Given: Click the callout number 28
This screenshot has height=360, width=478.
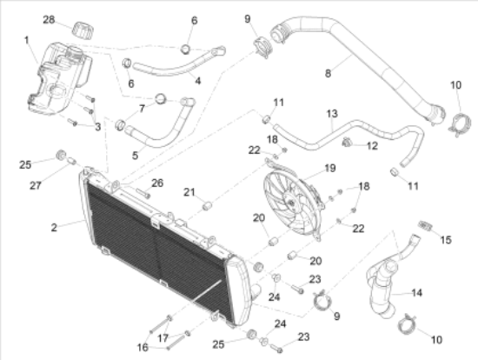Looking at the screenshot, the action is coord(49,20).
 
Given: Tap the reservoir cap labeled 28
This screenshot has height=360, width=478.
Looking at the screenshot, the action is coord(83,30).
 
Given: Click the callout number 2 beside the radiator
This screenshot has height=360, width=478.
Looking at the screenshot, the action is coord(54,227).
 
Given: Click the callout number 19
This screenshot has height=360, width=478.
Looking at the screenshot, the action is coord(330,168).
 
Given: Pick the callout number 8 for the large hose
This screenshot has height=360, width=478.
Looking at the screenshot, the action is coord(328,73).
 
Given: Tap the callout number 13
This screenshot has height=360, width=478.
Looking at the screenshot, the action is coord(332,114).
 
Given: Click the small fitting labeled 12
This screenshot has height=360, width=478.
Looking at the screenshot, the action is coord(347,142).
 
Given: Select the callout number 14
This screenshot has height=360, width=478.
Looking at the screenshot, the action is coord(416,293).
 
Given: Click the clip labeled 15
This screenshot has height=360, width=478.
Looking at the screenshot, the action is coord(425,226).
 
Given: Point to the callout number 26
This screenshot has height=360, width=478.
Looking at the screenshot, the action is coord(157,183).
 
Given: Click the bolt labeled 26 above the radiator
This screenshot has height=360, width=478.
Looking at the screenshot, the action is coord(143,193).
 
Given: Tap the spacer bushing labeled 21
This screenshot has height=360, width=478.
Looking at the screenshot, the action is coord(207,205).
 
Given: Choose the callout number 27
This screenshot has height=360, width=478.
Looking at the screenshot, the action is coord(36,185).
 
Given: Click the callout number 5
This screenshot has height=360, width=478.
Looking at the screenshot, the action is coord(135,156).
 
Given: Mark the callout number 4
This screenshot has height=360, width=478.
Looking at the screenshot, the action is coord(198,81).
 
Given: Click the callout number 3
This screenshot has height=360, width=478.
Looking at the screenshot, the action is coord(97,127).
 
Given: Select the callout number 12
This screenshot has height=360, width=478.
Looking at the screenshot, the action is coord(372,146).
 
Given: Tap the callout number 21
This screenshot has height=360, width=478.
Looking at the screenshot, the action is coord(189,192).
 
